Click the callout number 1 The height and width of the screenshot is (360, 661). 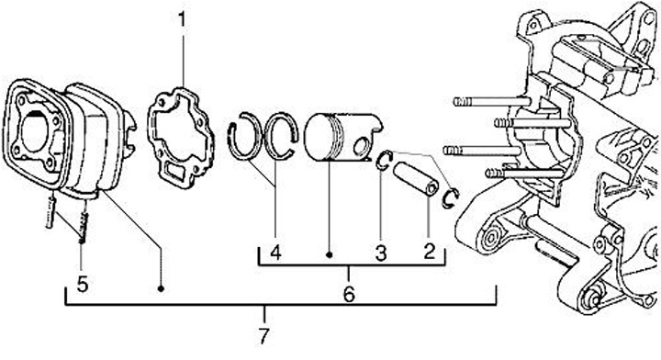pyautogui.click(x=182, y=19)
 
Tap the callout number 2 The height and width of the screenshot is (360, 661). pyautogui.click(x=429, y=252)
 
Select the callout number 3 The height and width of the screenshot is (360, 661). pyautogui.click(x=381, y=253)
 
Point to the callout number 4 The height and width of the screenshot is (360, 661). pyautogui.click(x=275, y=253)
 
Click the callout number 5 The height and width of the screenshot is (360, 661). pyautogui.click(x=83, y=284)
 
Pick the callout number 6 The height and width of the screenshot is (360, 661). pyautogui.click(x=349, y=294)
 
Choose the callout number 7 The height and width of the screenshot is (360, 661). pyautogui.click(x=263, y=336)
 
